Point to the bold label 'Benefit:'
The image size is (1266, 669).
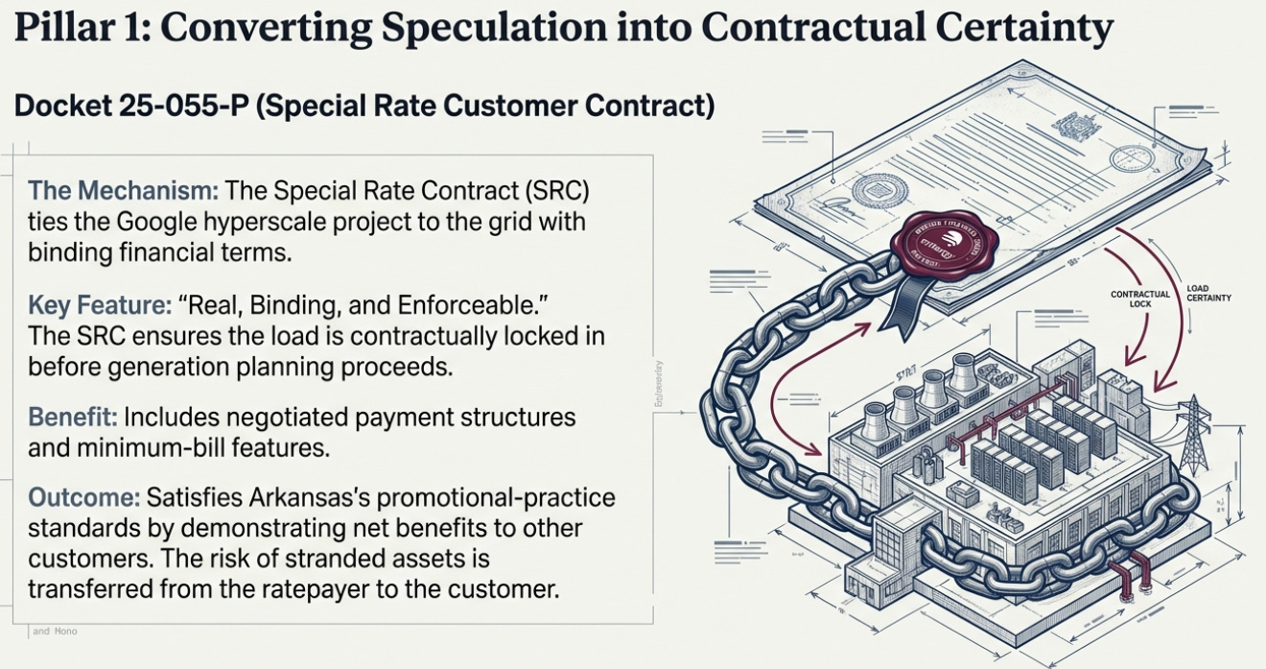(73, 418)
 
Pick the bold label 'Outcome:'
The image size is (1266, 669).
(83, 498)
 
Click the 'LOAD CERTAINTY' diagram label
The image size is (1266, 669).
(1207, 293)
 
